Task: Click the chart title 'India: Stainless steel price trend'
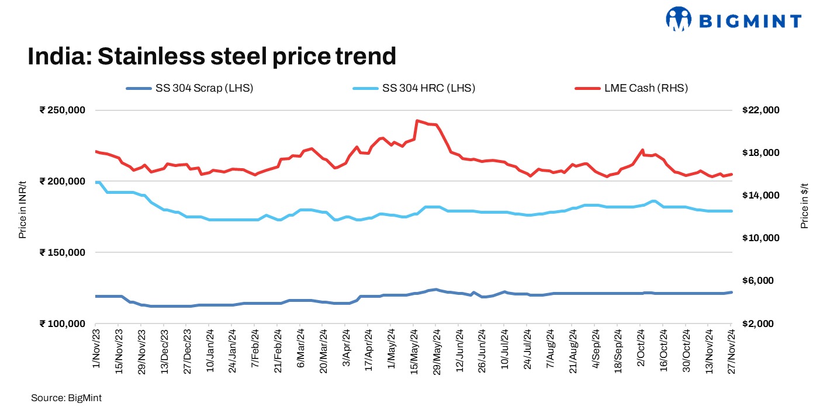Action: tap(212, 57)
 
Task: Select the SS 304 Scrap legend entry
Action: tap(189, 89)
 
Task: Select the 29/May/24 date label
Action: tap(435, 350)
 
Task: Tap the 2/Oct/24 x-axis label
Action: tap(641, 349)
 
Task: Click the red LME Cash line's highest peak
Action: tap(417, 121)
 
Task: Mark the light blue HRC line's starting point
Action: tap(96, 182)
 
